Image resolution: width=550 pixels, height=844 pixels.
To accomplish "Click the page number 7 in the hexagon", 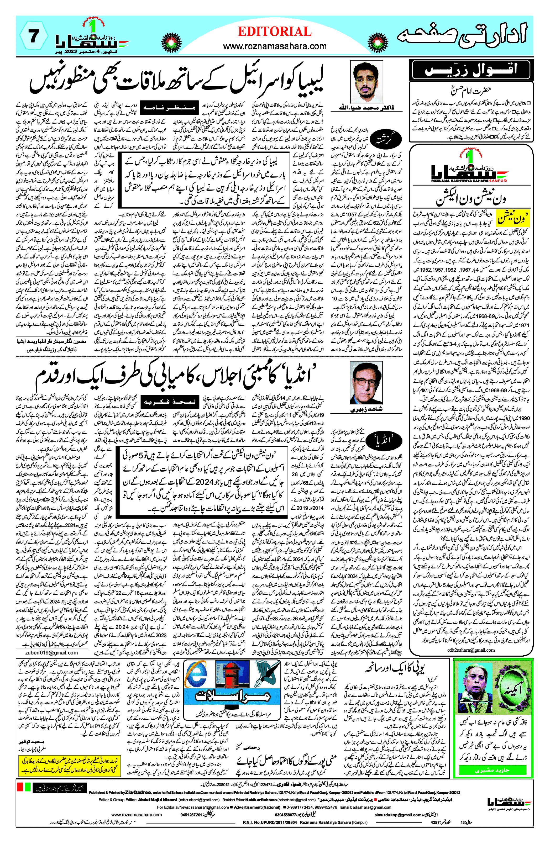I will click(33, 36).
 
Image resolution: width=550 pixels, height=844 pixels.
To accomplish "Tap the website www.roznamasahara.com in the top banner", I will click(275, 46).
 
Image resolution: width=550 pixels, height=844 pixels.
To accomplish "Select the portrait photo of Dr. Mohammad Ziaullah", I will click(366, 82).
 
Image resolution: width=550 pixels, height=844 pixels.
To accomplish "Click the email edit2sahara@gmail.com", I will click(471, 650).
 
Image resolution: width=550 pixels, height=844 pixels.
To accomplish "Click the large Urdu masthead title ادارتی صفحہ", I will click(462, 36).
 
